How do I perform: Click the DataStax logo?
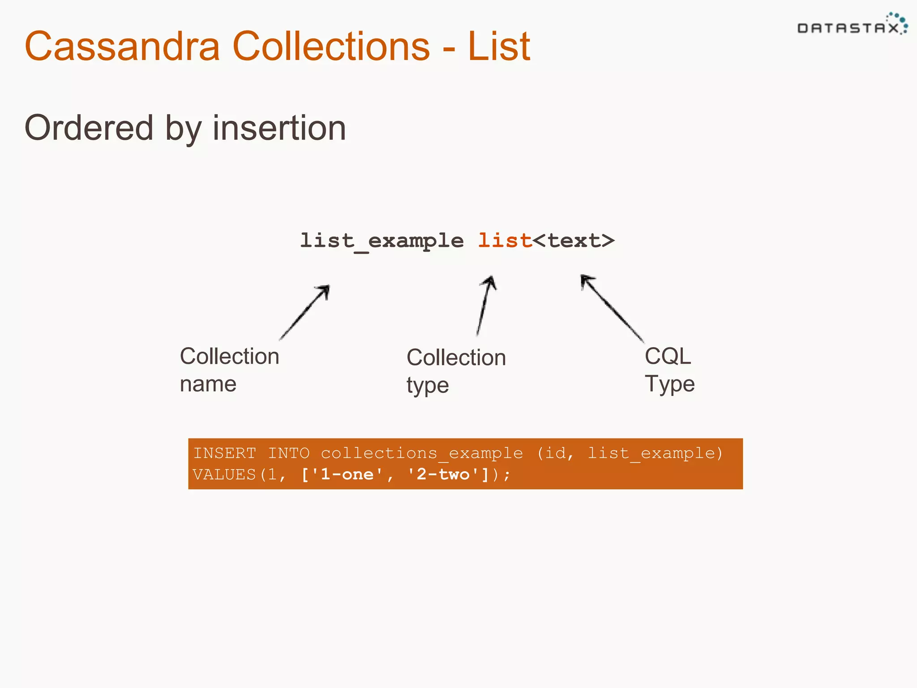(852, 26)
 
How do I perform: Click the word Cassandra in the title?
(122, 46)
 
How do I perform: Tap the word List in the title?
(499, 46)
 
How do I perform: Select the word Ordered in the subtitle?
(89, 128)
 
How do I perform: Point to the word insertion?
(279, 128)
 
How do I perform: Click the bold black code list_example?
(381, 241)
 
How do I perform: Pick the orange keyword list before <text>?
(505, 241)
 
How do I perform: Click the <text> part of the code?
(574, 241)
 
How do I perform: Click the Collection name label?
(229, 370)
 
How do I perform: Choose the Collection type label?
(456, 371)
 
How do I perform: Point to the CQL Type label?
(669, 370)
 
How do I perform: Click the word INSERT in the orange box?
(224, 453)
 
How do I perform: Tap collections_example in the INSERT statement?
(422, 453)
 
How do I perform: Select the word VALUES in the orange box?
(224, 474)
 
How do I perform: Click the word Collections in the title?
(331, 46)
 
